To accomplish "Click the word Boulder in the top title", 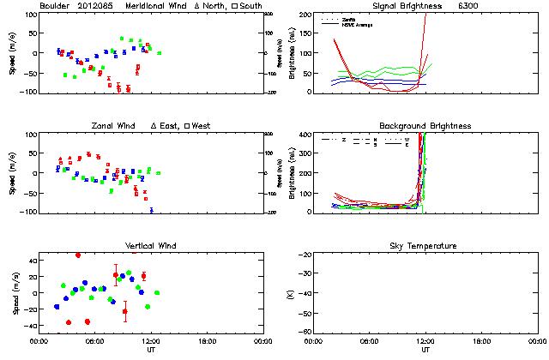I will click(54, 6).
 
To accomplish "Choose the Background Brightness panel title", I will click(425, 126).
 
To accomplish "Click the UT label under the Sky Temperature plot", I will click(425, 350).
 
